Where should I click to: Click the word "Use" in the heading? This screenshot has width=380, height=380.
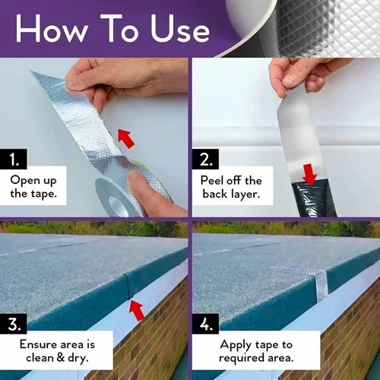tap(180, 29)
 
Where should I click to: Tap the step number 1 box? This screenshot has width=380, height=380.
tap(14, 159)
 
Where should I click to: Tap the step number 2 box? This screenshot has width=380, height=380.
tap(205, 159)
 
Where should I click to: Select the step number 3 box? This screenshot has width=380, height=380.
tap(14, 324)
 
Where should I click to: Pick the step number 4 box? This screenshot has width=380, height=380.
tap(205, 324)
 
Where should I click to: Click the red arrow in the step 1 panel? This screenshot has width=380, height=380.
tap(126, 138)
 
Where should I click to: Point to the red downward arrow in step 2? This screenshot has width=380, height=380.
tap(310, 174)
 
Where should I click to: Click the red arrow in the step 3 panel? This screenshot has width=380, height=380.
tap(137, 310)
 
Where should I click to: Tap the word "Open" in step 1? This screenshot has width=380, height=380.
tap(25, 181)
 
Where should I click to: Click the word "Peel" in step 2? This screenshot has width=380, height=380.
tap(212, 180)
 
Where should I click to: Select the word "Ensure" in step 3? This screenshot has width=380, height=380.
tap(38, 344)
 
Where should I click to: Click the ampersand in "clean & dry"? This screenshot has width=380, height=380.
tap(61, 357)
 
